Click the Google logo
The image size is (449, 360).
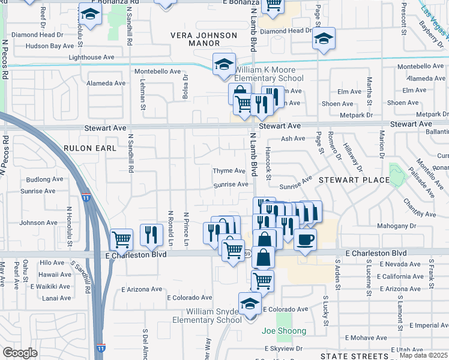[x=20, y=353]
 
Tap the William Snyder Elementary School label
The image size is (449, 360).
[x=213, y=316]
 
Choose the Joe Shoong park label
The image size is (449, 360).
[x=284, y=331]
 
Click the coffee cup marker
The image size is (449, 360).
[x=305, y=240]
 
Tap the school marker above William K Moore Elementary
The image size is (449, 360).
[x=224, y=64]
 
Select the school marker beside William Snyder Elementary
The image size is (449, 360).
[x=250, y=304]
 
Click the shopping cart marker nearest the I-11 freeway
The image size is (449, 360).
[x=122, y=239]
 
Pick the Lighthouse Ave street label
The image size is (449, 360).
[x=91, y=58]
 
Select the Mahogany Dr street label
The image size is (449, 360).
[x=410, y=226]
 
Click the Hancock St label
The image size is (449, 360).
[x=268, y=164]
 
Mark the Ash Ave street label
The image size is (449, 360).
[x=293, y=139]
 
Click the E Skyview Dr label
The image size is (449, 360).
[x=284, y=348]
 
